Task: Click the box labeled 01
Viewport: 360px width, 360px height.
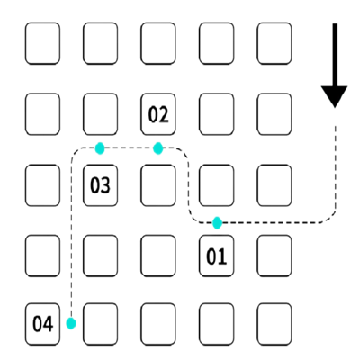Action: pyautogui.click(x=216, y=256)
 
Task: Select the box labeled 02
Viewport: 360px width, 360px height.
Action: pyautogui.click(x=158, y=114)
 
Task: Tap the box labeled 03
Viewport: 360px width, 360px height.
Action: pyautogui.click(x=101, y=185)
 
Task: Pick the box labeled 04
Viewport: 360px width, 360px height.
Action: pyautogui.click(x=42, y=324)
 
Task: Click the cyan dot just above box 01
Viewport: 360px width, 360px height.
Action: pyautogui.click(x=217, y=223)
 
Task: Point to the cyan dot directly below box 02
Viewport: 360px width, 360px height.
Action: pyautogui.click(x=158, y=148)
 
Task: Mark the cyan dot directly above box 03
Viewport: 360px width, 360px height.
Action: pyautogui.click(x=100, y=148)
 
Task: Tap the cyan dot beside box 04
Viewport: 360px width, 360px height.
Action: pyautogui.click(x=71, y=323)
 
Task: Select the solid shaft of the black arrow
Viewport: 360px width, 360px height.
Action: pyautogui.click(x=335, y=55)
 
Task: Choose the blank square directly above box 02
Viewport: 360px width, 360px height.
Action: pyautogui.click(x=158, y=43)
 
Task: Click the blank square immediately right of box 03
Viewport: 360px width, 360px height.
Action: pyautogui.click(x=158, y=185)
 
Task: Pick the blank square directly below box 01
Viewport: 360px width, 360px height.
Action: pyautogui.click(x=216, y=324)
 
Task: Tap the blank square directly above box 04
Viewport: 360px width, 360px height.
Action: pyautogui.click(x=42, y=256)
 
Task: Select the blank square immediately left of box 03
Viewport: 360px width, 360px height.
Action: pyautogui.click(x=42, y=185)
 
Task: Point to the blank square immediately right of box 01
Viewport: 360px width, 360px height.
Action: pyautogui.click(x=274, y=256)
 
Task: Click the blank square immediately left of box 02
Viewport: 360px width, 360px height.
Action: pyautogui.click(x=101, y=114)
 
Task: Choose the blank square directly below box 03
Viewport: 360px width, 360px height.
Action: pyautogui.click(x=101, y=256)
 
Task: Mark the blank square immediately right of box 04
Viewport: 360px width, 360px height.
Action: pyautogui.click(x=101, y=324)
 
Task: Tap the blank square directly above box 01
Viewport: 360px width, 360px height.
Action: pyautogui.click(x=216, y=185)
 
